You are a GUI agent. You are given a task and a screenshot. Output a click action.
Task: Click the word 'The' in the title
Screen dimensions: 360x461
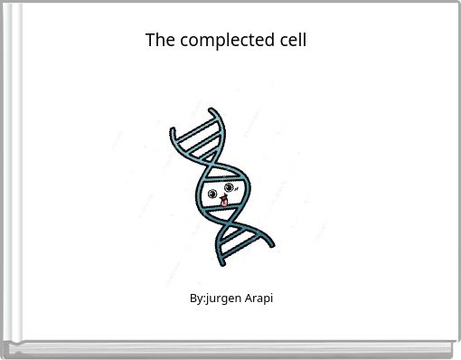click(x=159, y=41)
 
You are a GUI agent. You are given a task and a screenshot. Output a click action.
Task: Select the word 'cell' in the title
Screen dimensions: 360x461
click(x=292, y=41)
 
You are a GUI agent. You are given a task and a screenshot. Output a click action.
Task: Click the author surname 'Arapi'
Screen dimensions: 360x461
click(x=258, y=298)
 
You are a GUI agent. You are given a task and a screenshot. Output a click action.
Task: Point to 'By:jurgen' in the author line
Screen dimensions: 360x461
click(x=215, y=298)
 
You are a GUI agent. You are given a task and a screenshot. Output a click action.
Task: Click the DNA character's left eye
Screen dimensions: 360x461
click(x=212, y=194)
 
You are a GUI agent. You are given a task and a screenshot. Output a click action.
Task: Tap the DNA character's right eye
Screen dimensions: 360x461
click(x=230, y=188)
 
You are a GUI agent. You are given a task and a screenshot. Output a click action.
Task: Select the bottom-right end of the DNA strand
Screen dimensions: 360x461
click(x=271, y=242)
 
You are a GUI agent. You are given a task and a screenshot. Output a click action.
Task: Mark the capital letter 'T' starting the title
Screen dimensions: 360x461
click(x=150, y=41)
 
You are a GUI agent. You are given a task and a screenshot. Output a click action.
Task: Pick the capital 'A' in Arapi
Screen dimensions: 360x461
click(x=247, y=298)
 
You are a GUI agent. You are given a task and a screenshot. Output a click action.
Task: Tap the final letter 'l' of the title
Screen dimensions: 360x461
click(x=305, y=41)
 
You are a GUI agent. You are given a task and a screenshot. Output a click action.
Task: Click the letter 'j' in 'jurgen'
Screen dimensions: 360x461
click(x=208, y=298)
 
